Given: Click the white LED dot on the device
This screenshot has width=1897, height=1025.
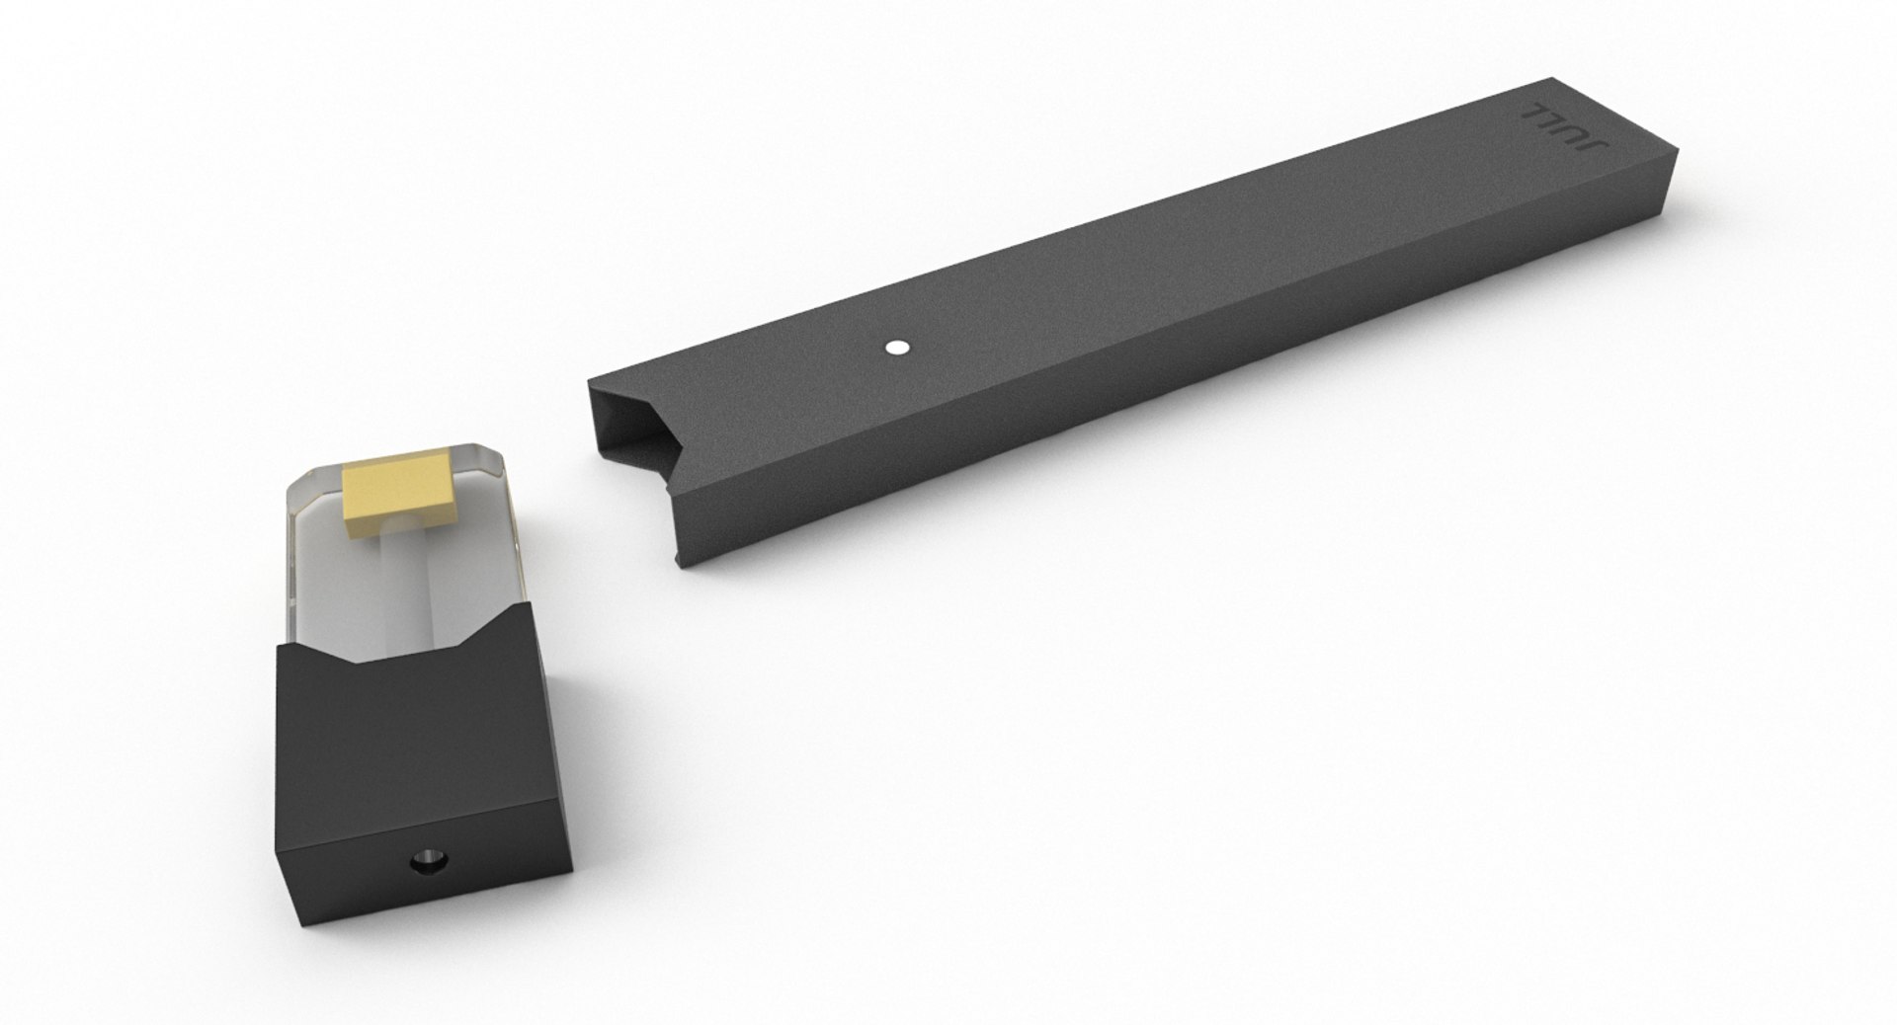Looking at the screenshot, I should pos(897,347).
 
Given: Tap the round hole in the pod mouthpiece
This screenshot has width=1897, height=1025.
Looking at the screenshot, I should pos(426,836).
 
